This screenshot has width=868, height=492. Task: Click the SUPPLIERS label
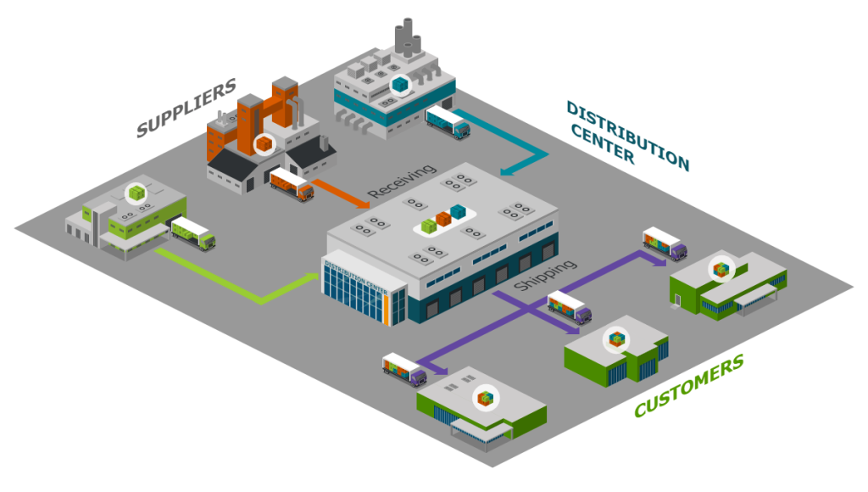186,109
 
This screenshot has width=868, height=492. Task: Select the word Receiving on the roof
402,182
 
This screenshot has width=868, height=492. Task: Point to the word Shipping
546,276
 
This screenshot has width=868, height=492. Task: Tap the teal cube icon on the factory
399,84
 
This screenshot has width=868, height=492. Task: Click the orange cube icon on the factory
265,143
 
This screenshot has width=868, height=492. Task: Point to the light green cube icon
136,193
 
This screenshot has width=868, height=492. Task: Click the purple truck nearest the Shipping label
570,307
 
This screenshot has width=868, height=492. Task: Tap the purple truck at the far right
665,244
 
